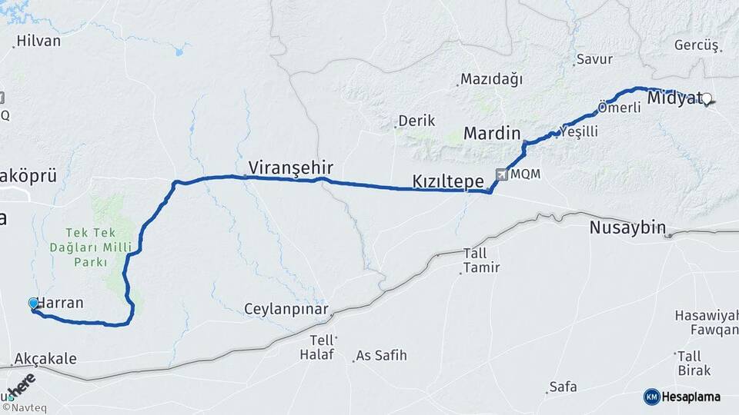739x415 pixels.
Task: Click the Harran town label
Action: click(x=60, y=303)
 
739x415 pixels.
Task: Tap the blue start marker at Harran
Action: click(x=33, y=304)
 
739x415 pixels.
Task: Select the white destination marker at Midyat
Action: click(x=707, y=98)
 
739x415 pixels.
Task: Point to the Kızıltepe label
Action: click(x=448, y=182)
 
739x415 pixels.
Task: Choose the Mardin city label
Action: click(x=492, y=134)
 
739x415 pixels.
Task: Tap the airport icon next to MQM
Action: click(x=502, y=174)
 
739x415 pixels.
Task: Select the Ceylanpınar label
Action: click(x=286, y=310)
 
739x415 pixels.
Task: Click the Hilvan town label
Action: click(x=38, y=41)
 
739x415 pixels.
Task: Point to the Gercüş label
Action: click(x=696, y=45)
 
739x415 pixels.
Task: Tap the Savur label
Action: click(x=594, y=59)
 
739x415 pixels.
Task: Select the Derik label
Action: click(x=416, y=121)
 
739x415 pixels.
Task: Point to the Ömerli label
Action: click(x=620, y=108)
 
